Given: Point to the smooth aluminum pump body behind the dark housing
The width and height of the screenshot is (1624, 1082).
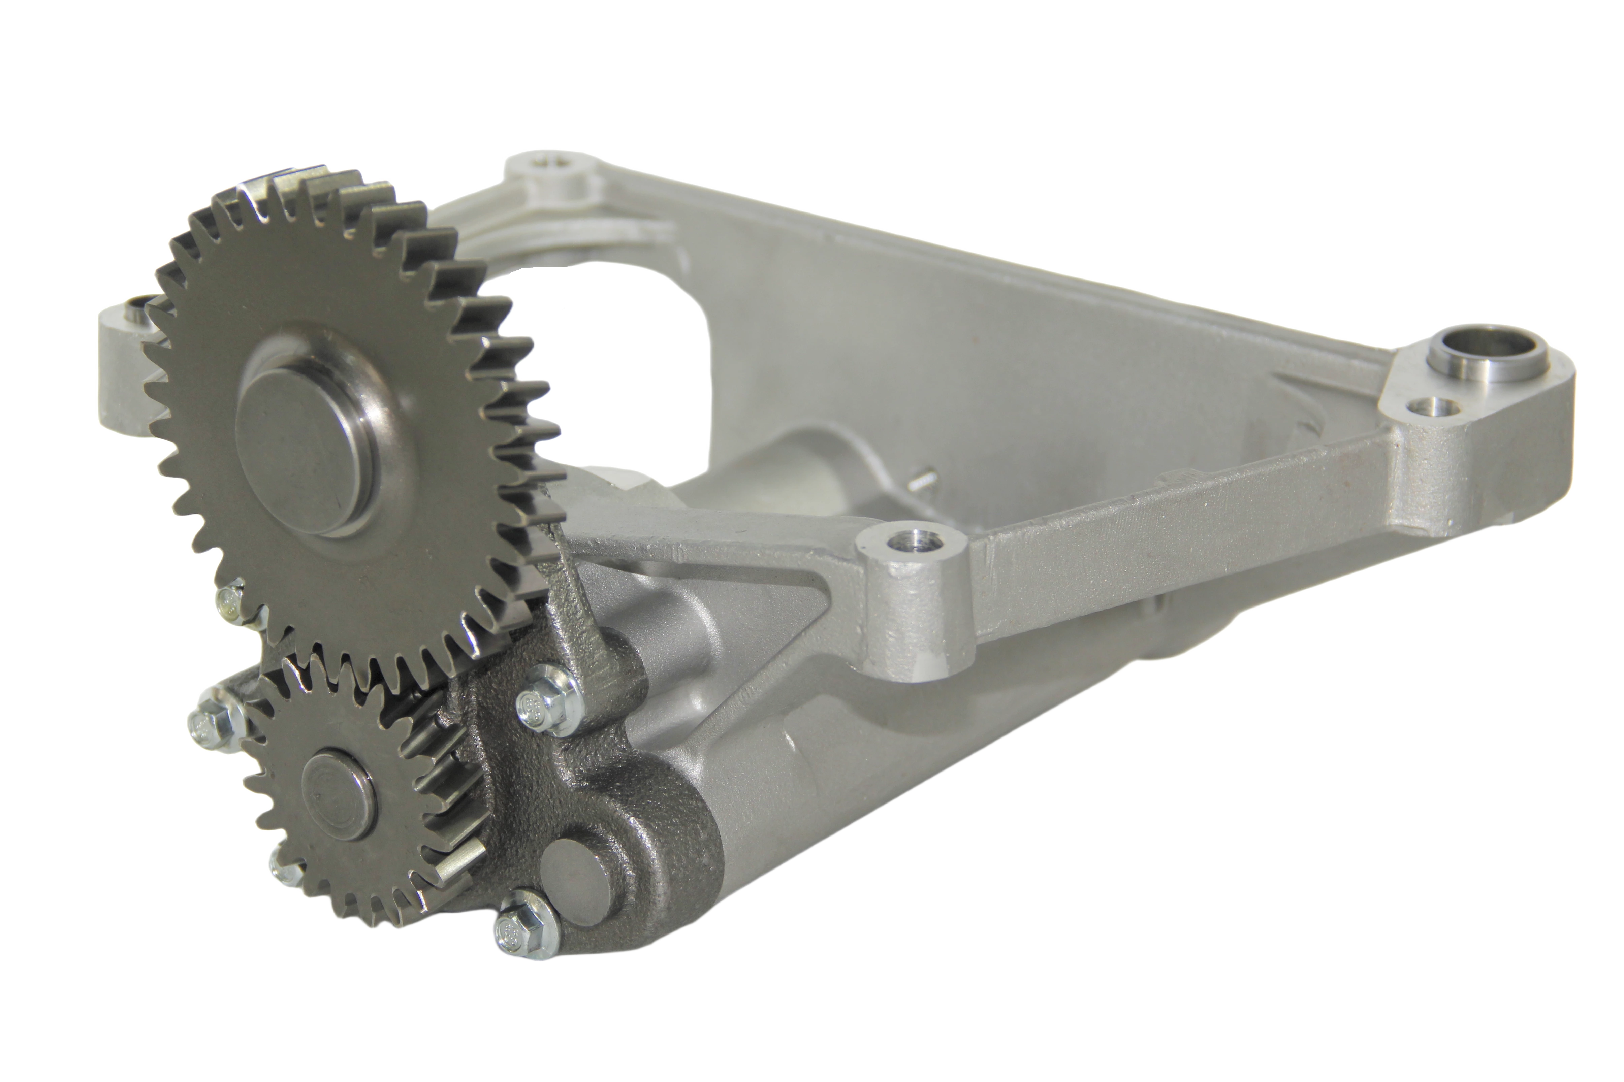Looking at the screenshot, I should (863, 780).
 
